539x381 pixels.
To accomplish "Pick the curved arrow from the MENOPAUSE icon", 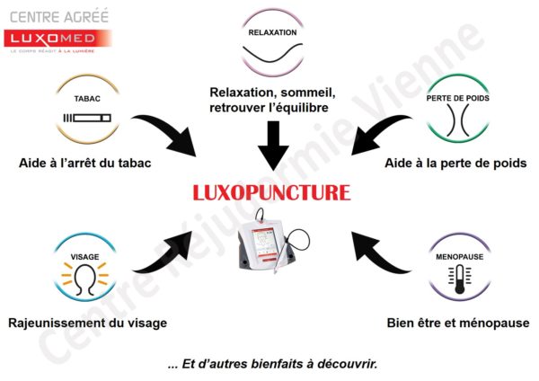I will point(375,255).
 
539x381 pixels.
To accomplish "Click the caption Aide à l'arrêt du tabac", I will point(85,163).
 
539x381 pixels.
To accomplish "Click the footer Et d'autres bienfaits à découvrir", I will point(273,365).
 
